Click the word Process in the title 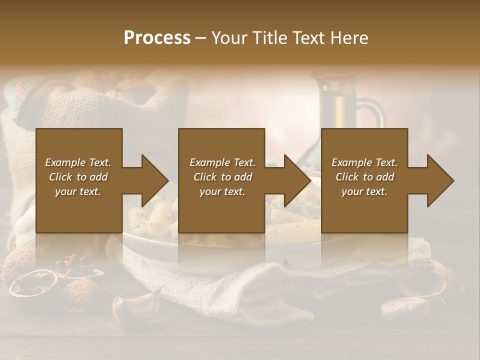[157, 38]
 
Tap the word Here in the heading [350, 38]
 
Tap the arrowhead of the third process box [439, 180]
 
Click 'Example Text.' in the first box [78, 162]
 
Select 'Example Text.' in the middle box [222, 162]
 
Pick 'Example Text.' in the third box [364, 162]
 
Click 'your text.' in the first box [78, 191]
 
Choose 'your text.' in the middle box [222, 191]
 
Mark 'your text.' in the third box [364, 191]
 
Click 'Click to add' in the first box [78, 177]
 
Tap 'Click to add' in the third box [364, 177]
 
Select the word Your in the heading [228, 38]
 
